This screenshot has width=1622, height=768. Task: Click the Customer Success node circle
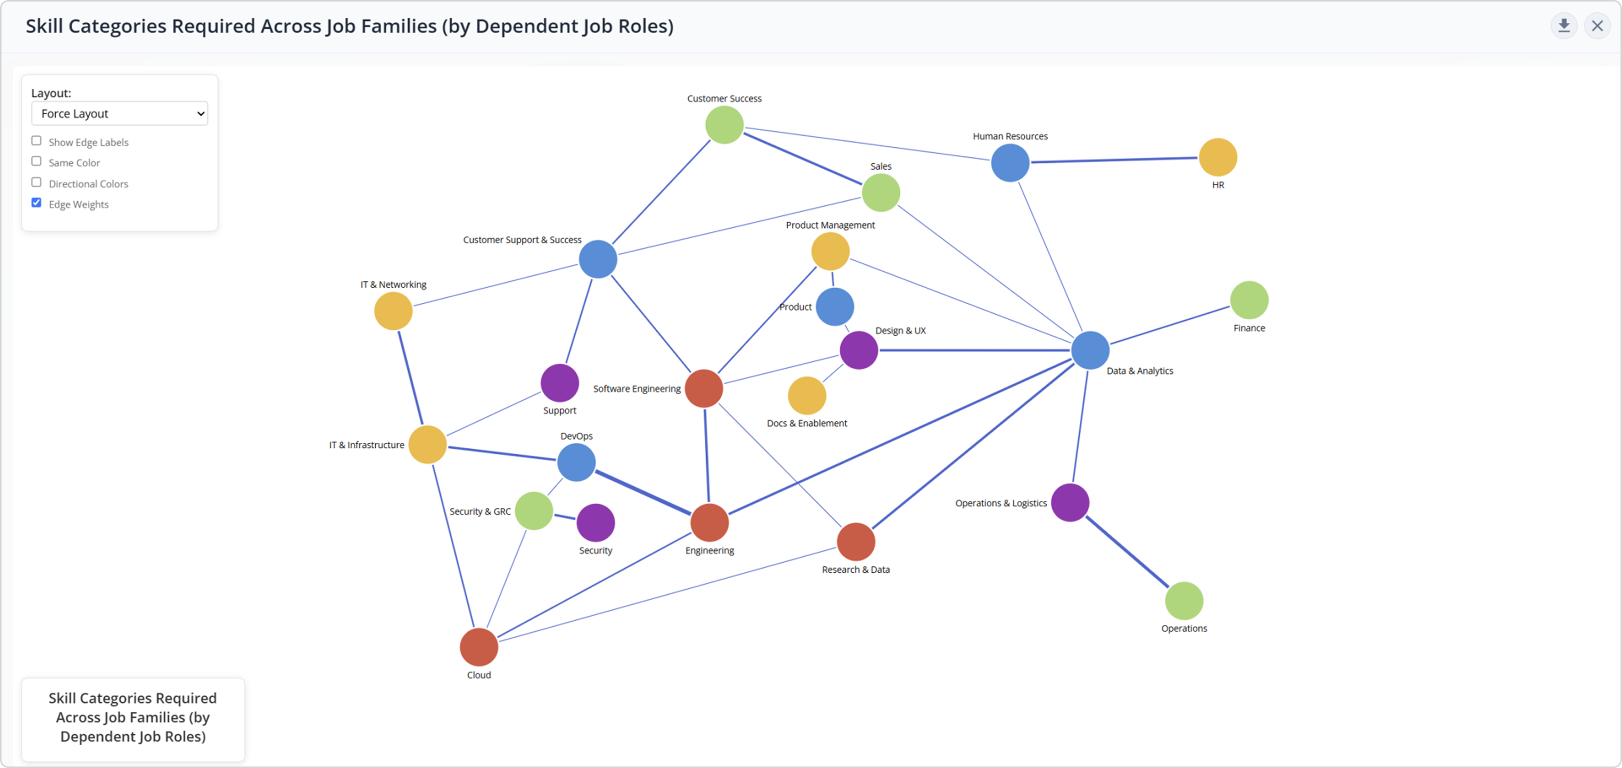[724, 124]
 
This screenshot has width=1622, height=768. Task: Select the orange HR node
[1218, 157]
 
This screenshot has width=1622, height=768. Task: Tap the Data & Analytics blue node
[1090, 350]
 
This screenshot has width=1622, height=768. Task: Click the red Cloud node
[478, 647]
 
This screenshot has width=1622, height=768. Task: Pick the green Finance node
[1249, 300]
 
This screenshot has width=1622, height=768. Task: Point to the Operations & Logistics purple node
[1070, 503]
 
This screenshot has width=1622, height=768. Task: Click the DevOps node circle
[576, 462]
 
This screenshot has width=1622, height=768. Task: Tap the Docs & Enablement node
[807, 396]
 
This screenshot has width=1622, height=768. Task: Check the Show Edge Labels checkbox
[37, 141]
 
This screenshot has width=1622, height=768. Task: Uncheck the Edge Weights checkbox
[37, 203]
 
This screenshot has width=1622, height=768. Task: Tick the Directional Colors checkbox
[37, 182]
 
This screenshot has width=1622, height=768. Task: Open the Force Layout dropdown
[120, 113]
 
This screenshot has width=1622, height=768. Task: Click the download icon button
[1563, 26]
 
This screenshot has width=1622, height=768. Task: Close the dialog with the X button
[1598, 26]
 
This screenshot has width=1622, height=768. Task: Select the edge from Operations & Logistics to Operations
[1127, 552]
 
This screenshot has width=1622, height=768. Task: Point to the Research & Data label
[856, 570]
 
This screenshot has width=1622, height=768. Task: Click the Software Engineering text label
[636, 389]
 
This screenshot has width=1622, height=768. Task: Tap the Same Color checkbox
[37, 162]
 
